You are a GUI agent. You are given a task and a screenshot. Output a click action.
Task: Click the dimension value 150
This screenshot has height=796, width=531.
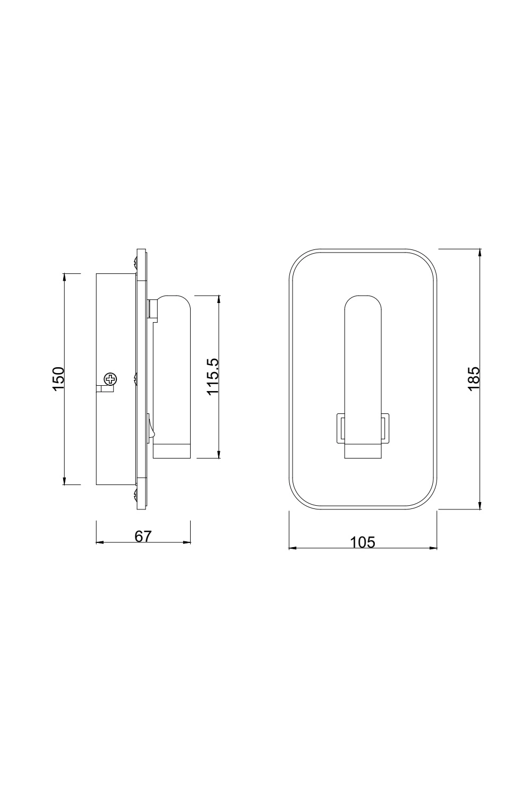coord(58,378)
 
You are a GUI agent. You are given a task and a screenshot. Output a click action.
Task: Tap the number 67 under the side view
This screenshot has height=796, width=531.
coord(143,537)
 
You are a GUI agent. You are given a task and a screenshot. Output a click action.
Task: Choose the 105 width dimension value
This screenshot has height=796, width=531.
coord(363,542)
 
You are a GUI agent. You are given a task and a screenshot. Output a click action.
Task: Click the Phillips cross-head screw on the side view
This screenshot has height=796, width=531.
coord(110,379)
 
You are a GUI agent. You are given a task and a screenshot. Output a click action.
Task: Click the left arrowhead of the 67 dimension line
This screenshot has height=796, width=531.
coord(99,543)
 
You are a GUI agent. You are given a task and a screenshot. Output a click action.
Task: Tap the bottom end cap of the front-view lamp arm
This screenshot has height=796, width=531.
coord(363,451)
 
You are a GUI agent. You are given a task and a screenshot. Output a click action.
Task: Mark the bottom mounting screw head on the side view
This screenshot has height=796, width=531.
coord(135,496)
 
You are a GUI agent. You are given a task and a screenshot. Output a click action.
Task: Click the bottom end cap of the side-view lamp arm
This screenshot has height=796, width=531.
coord(172,451)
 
